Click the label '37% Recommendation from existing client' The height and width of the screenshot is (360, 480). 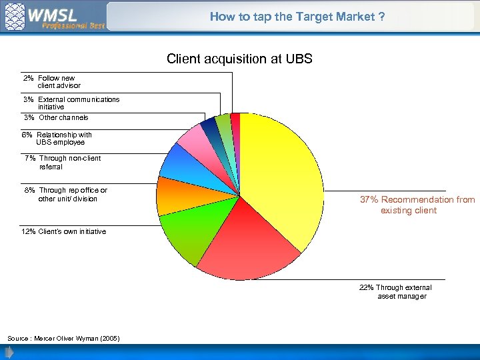coord(417,205)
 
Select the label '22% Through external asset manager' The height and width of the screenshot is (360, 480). coord(395,292)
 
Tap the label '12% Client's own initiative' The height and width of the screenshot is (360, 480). coord(64,231)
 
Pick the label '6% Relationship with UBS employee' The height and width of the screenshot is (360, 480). coord(57,139)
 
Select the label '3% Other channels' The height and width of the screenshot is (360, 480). coord(56,117)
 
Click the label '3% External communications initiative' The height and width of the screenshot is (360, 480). coord(71,103)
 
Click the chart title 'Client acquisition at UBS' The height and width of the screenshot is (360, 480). coord(239,59)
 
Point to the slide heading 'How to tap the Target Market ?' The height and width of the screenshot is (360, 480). coord(297,17)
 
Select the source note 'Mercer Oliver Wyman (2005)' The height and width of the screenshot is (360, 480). coord(64,339)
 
